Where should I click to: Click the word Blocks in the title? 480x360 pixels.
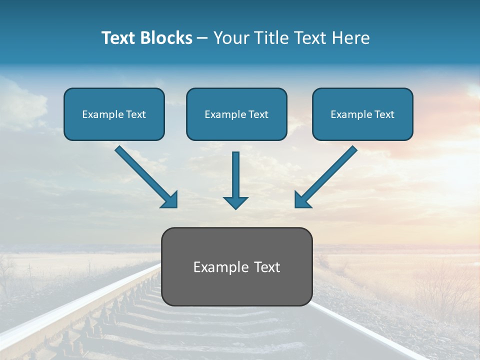(x=166, y=38)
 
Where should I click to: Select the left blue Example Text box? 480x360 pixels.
(x=114, y=114)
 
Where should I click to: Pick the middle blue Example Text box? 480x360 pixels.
(x=236, y=114)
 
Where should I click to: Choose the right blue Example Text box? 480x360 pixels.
(x=362, y=114)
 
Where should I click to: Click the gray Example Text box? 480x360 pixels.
(x=236, y=266)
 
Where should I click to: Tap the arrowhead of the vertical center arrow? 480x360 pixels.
(x=235, y=202)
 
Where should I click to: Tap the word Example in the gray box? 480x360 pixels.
(x=220, y=267)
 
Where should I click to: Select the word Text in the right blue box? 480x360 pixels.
(x=384, y=114)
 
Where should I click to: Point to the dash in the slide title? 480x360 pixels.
(x=202, y=38)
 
